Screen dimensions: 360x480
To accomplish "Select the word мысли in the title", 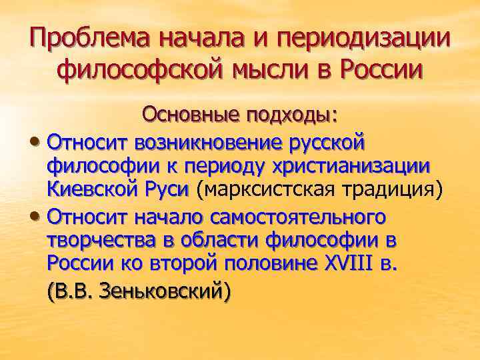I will pos(269,69).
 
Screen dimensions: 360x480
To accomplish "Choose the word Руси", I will pos(170,189).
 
